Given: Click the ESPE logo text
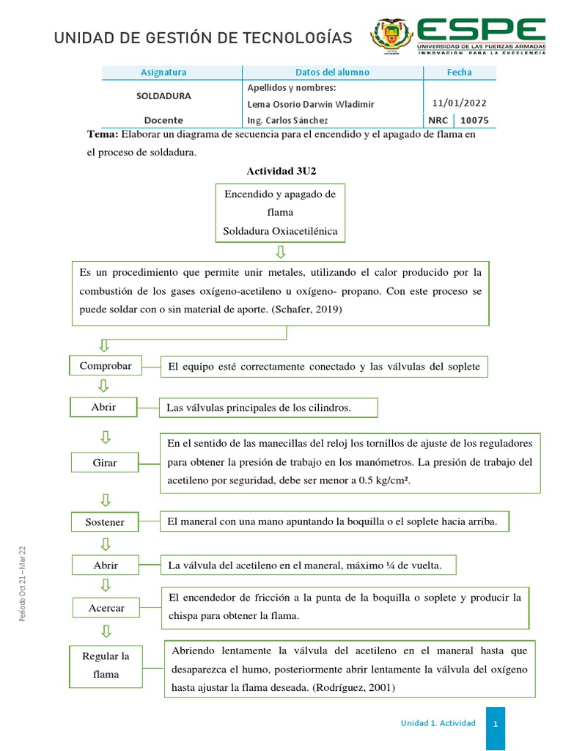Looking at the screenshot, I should pos(481,30).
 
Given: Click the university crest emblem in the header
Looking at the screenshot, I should pos(391,36).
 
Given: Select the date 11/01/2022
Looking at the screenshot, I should pos(460,103).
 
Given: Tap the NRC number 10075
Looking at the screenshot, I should pos(474,120).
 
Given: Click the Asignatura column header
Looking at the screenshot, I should pos(163,72).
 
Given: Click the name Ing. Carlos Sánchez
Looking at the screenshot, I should pos(288,120).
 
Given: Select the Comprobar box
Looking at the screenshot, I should pos(106,365).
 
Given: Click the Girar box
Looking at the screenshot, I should pos(105,463).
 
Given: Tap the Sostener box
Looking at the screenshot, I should pos(105,522).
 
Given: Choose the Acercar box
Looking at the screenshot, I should pos(107,608).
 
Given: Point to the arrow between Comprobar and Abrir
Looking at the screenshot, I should pos(105,386).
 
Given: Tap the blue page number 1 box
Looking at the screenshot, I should pos(496,723).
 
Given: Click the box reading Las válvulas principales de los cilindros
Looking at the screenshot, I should pos(268,408).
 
